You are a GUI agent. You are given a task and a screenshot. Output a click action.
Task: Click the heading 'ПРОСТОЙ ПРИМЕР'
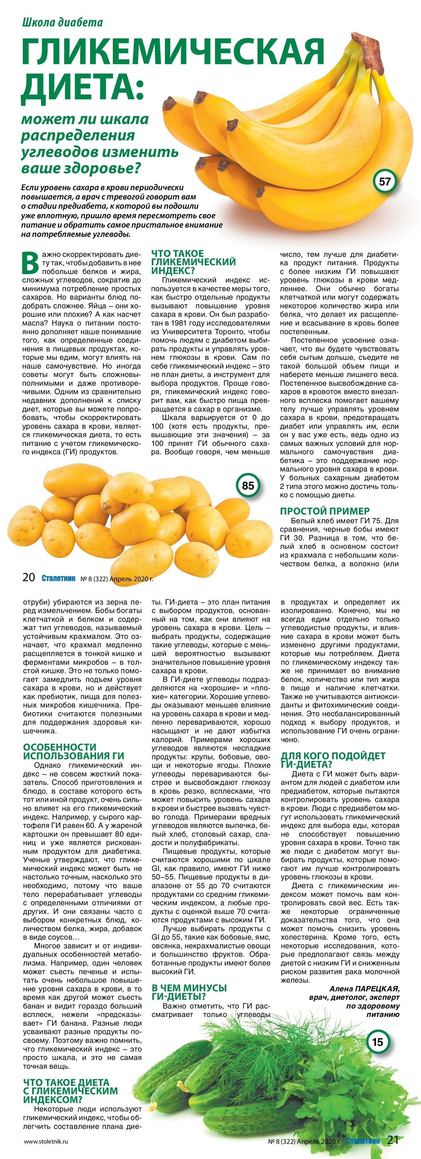[325, 511]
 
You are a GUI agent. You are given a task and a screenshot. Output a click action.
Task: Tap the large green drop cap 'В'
[30, 263]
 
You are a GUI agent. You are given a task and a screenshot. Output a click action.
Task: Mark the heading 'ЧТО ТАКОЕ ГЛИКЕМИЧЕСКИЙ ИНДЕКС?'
[194, 262]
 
